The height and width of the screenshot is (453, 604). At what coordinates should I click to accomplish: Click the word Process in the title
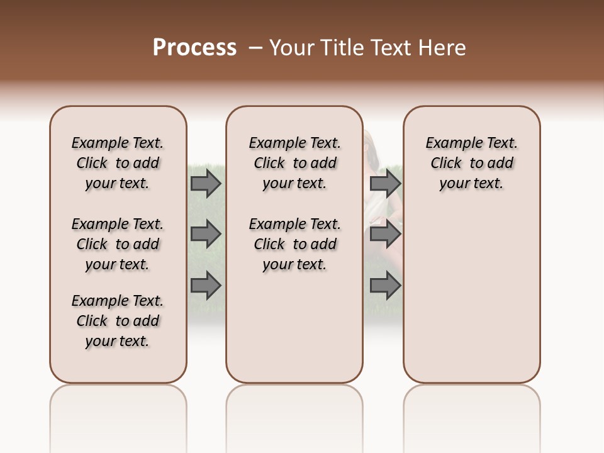[194, 48]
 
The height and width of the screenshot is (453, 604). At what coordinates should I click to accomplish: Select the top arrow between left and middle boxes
[206, 183]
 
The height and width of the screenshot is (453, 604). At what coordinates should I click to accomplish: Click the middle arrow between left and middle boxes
[206, 234]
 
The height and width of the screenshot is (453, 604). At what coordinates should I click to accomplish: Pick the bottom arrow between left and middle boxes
[206, 286]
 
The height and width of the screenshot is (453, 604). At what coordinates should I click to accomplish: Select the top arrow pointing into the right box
[385, 183]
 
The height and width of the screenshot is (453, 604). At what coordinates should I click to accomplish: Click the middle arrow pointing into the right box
[385, 234]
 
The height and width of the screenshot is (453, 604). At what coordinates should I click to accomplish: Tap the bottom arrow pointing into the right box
[385, 286]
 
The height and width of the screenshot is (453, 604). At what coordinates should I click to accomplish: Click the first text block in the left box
[118, 163]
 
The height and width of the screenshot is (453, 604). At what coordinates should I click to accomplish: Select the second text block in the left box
[118, 244]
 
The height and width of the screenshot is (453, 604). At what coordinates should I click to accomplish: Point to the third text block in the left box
[118, 321]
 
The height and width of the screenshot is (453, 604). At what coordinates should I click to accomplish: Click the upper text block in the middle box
[294, 163]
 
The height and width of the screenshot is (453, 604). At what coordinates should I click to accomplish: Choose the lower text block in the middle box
[294, 244]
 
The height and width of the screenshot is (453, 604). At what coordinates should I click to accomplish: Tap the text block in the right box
[471, 163]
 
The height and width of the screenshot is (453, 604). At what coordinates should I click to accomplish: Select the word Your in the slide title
[291, 48]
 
